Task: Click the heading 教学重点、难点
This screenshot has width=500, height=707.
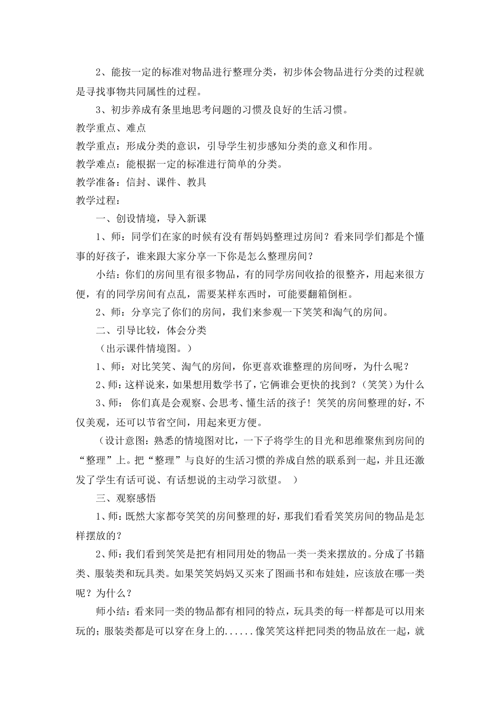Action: pos(111,127)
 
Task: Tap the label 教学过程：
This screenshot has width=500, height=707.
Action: pos(98,200)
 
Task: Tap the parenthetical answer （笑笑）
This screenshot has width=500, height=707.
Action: pos(378,385)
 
